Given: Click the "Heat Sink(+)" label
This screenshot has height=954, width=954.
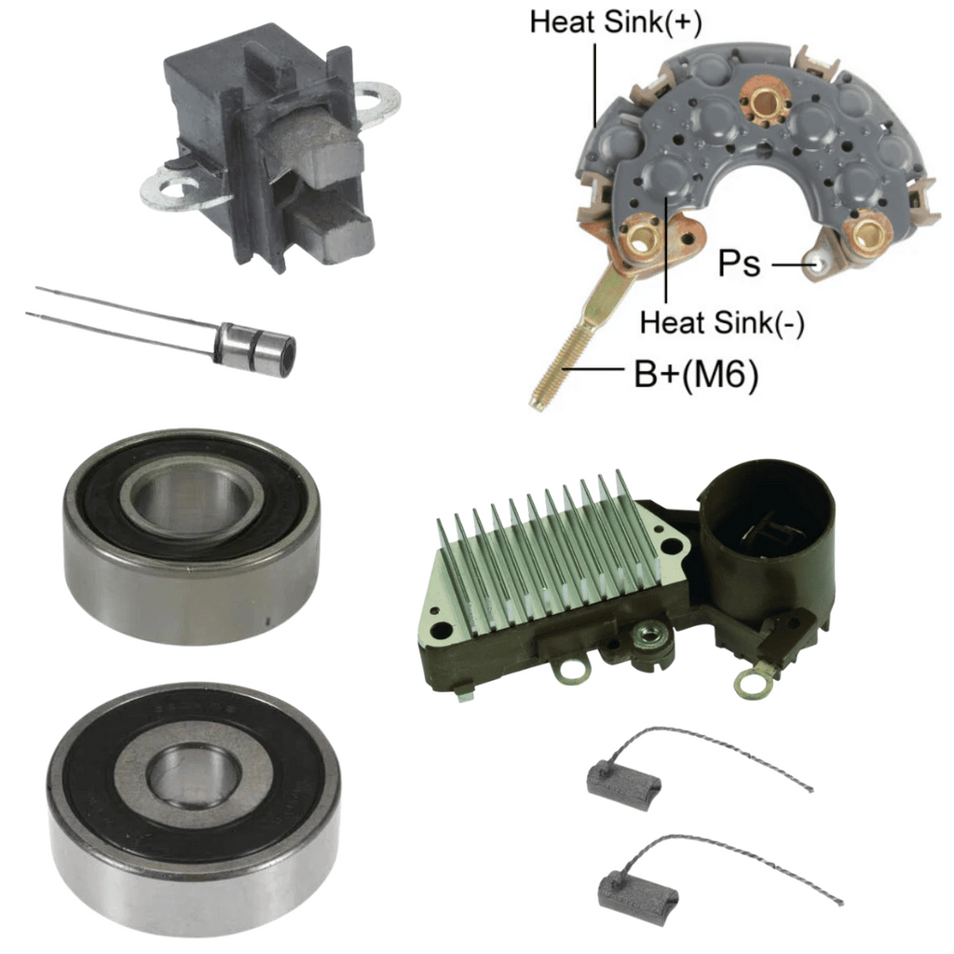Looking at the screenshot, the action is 615,22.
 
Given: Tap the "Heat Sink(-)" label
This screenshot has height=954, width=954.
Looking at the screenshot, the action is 722,322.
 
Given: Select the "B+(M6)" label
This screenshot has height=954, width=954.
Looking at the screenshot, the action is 696,375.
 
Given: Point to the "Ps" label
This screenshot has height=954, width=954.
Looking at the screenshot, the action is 739,264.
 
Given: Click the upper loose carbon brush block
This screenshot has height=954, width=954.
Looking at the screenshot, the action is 623,780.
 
